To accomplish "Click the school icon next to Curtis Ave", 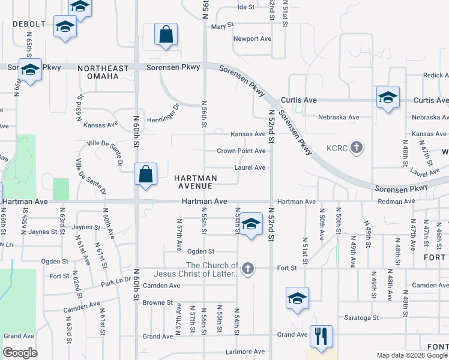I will (388, 98).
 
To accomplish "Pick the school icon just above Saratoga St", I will (297, 298).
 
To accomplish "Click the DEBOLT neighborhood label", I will (29, 24).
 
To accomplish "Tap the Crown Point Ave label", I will (241, 151).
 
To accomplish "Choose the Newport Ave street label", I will (252, 39).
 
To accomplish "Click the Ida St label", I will (246, 7).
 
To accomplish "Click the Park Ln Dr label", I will (115, 281).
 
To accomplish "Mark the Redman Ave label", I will (393, 202).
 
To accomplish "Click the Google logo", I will (20, 353).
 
